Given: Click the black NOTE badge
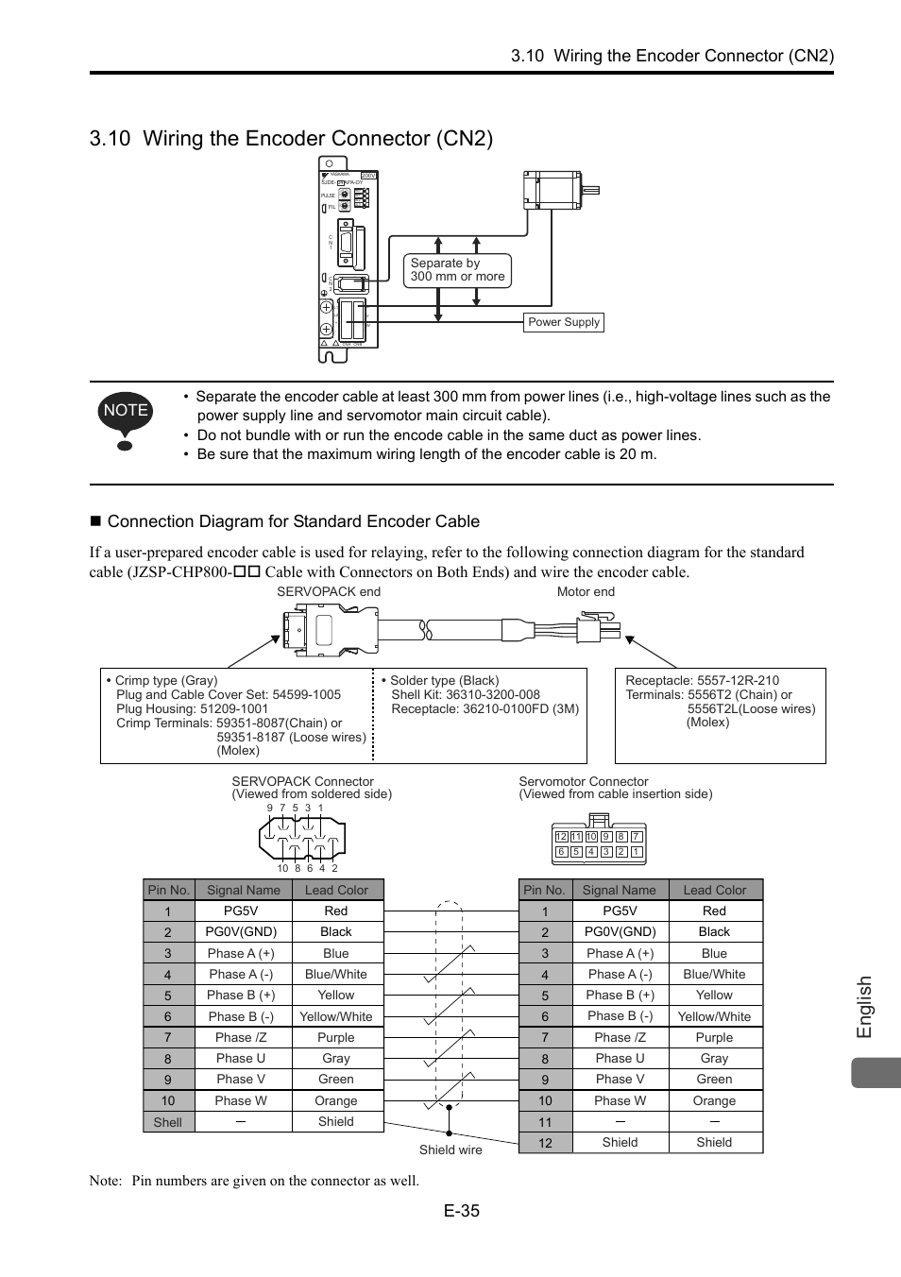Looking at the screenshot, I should pyautogui.click(x=126, y=410).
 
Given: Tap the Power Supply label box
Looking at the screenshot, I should pyautogui.click(x=564, y=322).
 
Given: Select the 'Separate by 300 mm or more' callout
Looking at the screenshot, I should pyautogui.click(x=457, y=270).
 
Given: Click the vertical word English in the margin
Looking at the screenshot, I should pyautogui.click(x=864, y=1008).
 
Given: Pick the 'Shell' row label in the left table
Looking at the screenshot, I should pyautogui.click(x=168, y=1122).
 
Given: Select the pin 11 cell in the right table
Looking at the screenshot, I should pyautogui.click(x=545, y=1122).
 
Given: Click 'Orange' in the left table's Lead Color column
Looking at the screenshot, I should pyautogui.click(x=336, y=1100).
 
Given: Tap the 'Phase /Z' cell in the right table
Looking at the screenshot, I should pyautogui.click(x=620, y=1037).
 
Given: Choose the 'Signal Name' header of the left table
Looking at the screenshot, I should pyautogui.click(x=244, y=890).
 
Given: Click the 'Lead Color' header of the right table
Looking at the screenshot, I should pyautogui.click(x=714, y=890).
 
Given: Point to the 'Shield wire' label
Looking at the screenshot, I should pyautogui.click(x=450, y=1150).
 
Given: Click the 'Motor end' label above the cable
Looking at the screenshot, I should pyautogui.click(x=586, y=592).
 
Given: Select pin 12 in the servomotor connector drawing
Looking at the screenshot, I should pyautogui.click(x=561, y=837).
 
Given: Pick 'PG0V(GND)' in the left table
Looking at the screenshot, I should pyautogui.click(x=242, y=931).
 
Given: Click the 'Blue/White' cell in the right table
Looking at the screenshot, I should pyautogui.click(x=714, y=974).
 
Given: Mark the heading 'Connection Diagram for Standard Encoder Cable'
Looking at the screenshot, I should pyautogui.click(x=293, y=521).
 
